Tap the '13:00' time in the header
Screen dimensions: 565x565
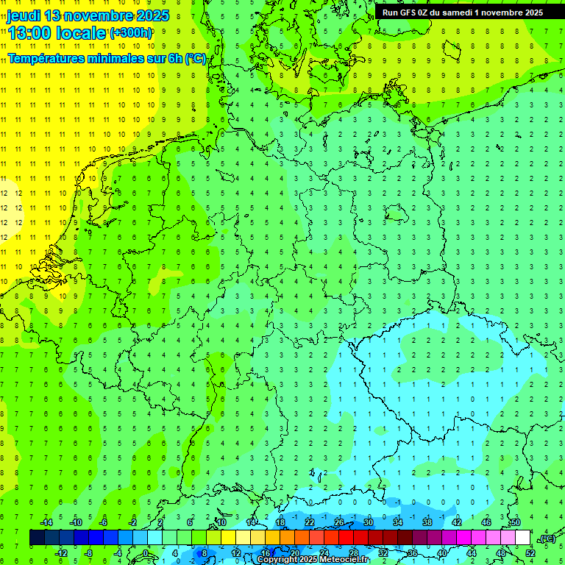(x=29, y=33)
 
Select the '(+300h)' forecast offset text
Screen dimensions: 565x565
(x=131, y=33)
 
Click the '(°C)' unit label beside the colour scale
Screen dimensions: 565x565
(x=546, y=539)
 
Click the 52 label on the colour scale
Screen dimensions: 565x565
(x=530, y=552)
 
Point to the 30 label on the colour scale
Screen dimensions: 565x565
(x=368, y=522)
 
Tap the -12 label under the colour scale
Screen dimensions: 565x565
(x=61, y=552)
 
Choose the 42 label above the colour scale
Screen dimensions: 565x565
(x=456, y=522)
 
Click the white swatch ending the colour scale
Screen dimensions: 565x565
(x=522, y=538)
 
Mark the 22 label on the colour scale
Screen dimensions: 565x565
(x=309, y=522)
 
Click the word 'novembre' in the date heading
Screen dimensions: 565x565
(x=93, y=15)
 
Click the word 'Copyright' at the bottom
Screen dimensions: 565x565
(x=277, y=560)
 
